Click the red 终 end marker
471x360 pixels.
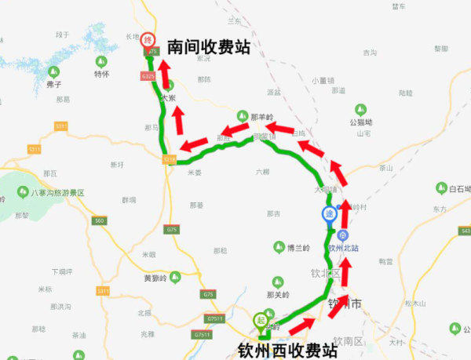point(147,38)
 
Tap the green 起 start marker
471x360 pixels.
point(261,319)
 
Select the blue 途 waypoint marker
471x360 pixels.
point(329,213)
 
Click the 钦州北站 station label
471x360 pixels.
point(343,248)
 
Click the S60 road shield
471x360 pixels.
point(98,221)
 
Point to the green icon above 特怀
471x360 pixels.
point(100,62)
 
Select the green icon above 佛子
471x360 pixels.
point(53,71)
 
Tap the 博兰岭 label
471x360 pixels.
point(299,248)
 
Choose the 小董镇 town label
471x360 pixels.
point(323,80)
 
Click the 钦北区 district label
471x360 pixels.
point(325,273)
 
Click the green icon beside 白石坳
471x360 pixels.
point(440,188)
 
